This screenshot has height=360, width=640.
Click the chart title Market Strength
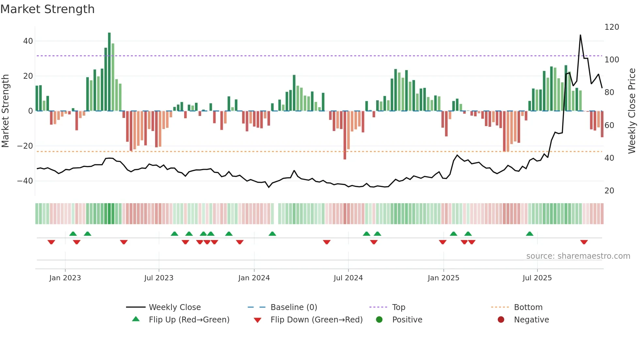[x=47, y=9]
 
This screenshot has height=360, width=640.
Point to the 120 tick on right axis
[x=611, y=27]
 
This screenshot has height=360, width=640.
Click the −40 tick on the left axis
[x=25, y=181]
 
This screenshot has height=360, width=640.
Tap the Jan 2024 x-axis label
[x=254, y=278]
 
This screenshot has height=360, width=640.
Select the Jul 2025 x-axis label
[x=537, y=278]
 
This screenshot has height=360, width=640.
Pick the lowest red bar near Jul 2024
[x=345, y=136]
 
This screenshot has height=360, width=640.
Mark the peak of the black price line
[x=580, y=35]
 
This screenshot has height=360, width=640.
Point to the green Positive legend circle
[x=379, y=319]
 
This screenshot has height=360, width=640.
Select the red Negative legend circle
[x=501, y=319]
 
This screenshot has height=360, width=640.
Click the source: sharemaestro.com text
[x=578, y=256]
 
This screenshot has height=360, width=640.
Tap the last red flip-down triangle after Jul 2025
[x=584, y=242]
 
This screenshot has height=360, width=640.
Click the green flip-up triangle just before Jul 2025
[x=530, y=234]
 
